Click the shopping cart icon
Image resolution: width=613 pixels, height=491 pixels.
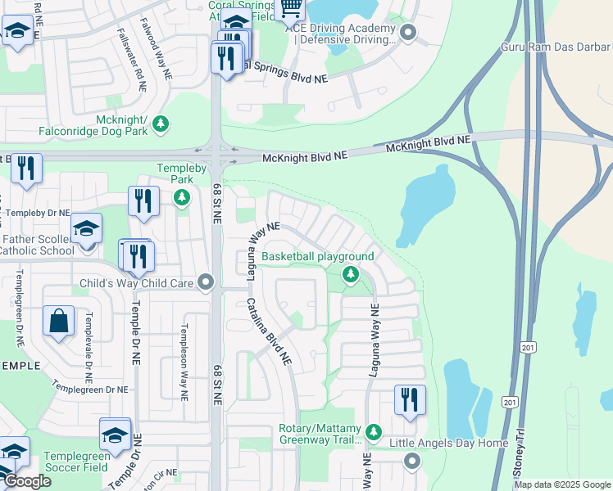click(x=291, y=9)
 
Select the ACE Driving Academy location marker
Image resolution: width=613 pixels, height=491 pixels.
click(x=408, y=34)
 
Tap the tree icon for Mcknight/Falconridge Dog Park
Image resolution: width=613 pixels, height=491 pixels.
click(x=161, y=123)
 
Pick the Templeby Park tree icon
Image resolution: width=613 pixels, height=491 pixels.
click(x=181, y=197)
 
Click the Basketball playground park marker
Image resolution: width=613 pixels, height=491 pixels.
click(x=351, y=274)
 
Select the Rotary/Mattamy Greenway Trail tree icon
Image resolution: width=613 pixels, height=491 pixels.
click(x=374, y=430)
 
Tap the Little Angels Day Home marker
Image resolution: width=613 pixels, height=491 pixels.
click(x=412, y=461)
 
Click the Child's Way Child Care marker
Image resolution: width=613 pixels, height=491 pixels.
click(x=206, y=283)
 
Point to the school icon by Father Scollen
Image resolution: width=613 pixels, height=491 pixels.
click(x=86, y=229)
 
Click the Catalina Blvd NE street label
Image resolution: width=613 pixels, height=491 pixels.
click(x=270, y=331)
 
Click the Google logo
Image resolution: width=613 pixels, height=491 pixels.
click(x=26, y=481)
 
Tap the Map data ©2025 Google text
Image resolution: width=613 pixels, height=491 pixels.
click(x=561, y=484)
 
